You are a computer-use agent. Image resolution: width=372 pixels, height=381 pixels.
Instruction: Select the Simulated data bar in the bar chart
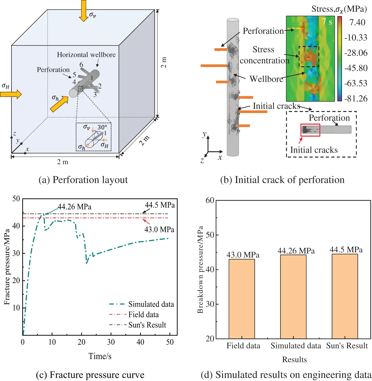pos(293,297)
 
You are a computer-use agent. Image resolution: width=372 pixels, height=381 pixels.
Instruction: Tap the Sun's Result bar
pos(344,296)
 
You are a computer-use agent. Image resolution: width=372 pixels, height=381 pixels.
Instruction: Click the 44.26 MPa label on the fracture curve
pos(74,207)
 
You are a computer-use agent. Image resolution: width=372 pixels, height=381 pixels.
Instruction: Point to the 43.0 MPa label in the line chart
pos(159,229)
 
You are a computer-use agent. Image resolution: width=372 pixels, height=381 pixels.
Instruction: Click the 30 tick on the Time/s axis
pos(111,342)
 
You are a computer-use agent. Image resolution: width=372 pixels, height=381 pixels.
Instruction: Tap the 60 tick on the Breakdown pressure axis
pos(210,200)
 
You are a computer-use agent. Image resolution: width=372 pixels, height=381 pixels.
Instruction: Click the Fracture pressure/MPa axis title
pos(7,267)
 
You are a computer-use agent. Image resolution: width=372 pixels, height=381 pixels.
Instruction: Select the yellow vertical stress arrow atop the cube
pos(83,11)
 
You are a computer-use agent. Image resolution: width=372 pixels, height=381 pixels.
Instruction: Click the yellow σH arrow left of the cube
pos(11,94)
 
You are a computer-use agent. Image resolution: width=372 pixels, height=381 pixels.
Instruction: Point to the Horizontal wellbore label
pos(86,55)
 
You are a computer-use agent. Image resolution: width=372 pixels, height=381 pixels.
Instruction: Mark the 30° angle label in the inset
pos(102,127)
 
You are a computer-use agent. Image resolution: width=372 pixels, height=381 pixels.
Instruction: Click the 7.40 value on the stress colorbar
pos(357,22)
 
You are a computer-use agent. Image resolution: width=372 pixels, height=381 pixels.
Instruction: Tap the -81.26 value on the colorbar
pos(356,99)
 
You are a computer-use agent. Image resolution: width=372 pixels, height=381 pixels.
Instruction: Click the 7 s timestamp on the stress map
pos(327,22)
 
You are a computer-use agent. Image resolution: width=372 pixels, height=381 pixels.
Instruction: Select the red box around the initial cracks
pos(310,130)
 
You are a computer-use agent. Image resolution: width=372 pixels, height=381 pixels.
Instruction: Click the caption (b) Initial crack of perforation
pos(282,180)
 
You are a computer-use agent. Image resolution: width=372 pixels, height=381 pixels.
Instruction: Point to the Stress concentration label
pos(264,55)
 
